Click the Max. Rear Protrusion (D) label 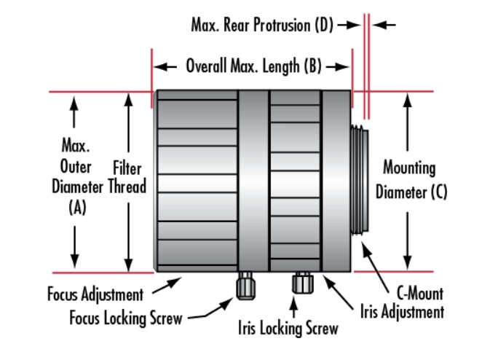[x=262, y=26]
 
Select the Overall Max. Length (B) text [x=253, y=67]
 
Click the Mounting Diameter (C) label [x=409, y=181]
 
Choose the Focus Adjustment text [x=95, y=295]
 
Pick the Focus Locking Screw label [x=125, y=317]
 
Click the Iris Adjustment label [x=402, y=313]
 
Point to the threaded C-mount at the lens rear [x=360, y=179]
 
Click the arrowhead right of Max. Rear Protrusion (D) [x=384, y=25]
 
